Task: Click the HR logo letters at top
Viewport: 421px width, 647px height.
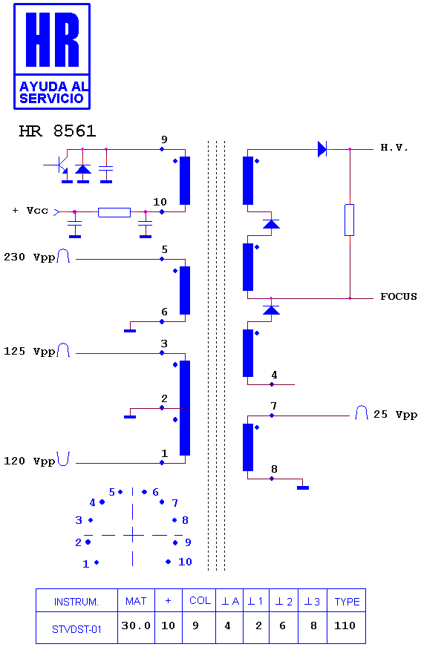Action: [52, 39]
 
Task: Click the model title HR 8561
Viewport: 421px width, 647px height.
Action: [57, 131]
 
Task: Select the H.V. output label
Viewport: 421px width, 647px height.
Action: [394, 148]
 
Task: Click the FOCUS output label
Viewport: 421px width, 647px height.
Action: [398, 296]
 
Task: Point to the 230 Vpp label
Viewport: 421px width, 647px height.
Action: [29, 257]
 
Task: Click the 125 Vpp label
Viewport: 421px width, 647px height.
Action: [29, 351]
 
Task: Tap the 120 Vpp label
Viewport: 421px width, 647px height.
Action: [29, 461]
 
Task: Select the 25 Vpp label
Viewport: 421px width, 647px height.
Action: [395, 414]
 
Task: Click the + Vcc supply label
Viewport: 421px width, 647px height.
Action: [30, 211]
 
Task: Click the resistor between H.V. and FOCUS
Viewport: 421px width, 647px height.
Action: [349, 220]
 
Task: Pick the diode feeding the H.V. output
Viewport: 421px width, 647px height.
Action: [322, 149]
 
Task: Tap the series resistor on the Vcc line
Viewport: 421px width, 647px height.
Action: [114, 212]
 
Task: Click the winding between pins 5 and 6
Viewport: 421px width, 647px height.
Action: [185, 291]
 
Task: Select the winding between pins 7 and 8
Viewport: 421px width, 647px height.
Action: [248, 447]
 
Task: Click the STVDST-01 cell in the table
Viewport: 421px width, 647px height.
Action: [76, 629]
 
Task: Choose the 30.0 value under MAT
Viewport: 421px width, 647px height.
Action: [136, 625]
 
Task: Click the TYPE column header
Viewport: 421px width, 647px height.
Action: [347, 602]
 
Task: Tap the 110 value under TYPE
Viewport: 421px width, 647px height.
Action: [345, 625]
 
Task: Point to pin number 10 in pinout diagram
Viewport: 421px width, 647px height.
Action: [185, 562]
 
